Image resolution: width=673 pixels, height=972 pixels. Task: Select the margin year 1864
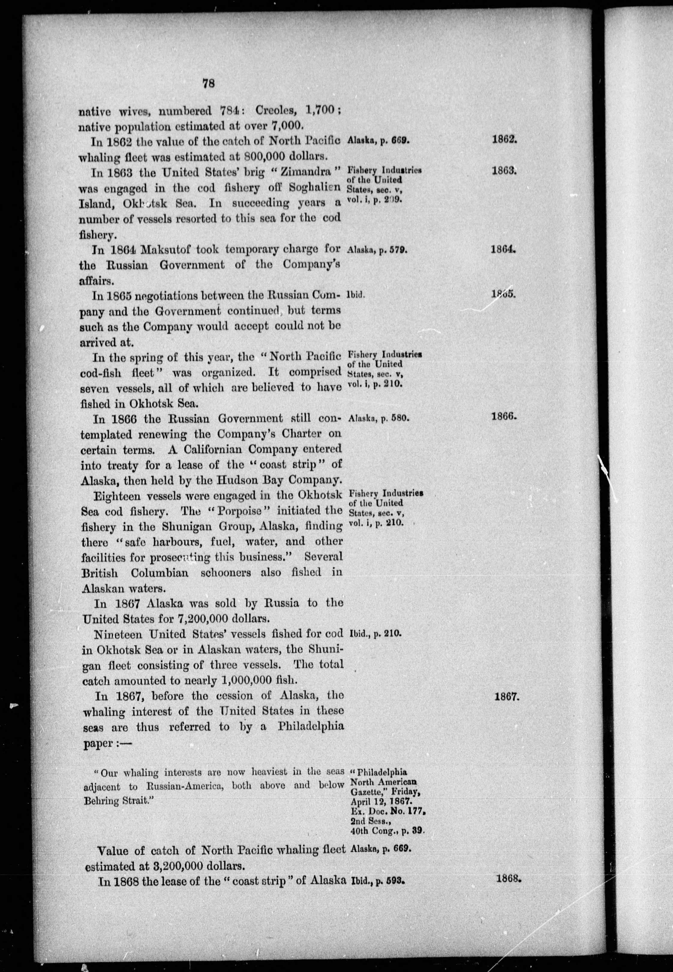coord(504,249)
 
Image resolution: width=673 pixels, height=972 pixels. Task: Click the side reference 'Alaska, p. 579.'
coord(377,249)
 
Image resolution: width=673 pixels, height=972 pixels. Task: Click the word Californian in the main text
coord(225,449)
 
